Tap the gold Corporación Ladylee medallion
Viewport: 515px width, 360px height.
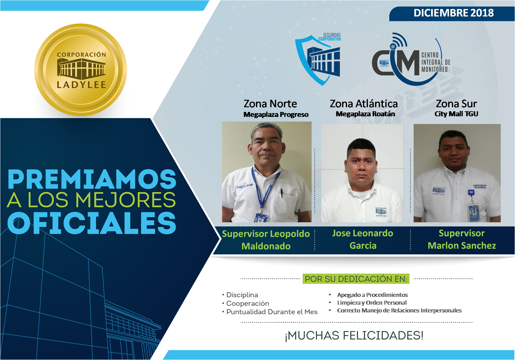[81, 70]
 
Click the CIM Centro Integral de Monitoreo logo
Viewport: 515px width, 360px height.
[411, 59]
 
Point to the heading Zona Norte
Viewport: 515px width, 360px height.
[270, 104]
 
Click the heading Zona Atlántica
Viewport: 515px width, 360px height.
[364, 104]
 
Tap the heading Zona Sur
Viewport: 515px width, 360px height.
[456, 104]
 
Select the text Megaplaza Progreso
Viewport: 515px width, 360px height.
[276, 114]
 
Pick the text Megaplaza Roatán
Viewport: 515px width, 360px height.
[365, 114]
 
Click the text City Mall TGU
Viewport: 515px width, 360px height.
[456, 114]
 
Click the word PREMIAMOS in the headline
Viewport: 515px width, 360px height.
[92, 179]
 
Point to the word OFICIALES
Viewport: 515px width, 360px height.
[92, 223]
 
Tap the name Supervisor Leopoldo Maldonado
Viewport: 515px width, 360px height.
[266, 240]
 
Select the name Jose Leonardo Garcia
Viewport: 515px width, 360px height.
[363, 239]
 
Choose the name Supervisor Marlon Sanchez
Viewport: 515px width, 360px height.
[462, 239]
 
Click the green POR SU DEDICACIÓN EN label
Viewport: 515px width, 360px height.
[356, 279]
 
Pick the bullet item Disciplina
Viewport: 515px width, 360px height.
[242, 295]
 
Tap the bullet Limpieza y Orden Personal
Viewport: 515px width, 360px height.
[372, 302]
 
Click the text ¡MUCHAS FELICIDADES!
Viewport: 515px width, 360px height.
[354, 336]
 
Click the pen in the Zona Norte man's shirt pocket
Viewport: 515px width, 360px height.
[282, 193]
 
